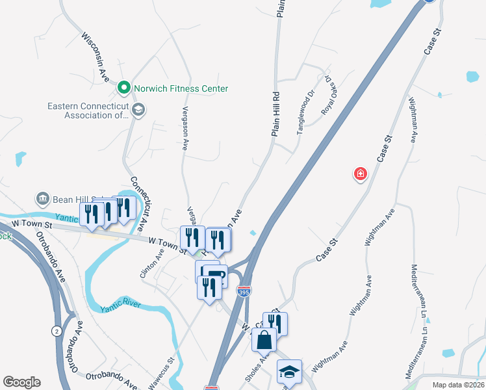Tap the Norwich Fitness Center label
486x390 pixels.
pos(181,88)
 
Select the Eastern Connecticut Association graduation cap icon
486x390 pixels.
pos(137,110)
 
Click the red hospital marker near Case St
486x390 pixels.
pos(360,174)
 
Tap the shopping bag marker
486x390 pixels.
pos(264,339)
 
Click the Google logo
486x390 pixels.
pos(21,382)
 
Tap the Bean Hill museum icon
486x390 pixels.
pos(43,198)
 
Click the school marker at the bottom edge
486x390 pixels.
pos(289,371)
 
